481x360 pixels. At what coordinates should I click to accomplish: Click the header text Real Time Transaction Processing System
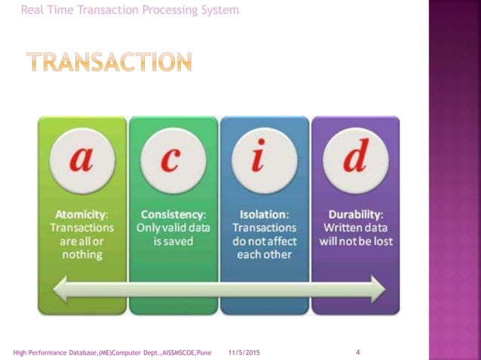130,10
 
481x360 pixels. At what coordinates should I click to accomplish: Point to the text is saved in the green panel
173,241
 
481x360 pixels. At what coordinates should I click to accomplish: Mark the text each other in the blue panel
265,255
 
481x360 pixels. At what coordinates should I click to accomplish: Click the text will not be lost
355,241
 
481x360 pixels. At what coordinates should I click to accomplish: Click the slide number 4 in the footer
357,352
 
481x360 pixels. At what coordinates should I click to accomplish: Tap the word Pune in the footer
203,352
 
